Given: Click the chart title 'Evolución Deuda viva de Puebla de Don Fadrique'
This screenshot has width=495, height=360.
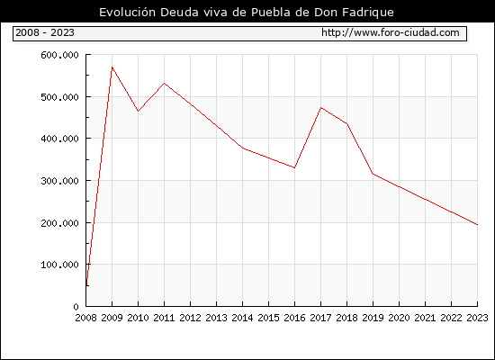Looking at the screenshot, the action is click(x=247, y=13).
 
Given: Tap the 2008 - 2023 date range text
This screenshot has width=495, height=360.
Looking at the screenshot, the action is click(x=45, y=32).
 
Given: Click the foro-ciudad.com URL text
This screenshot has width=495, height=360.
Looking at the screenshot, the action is click(x=391, y=32).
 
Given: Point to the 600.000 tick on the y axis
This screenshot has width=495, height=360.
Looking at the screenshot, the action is click(x=59, y=55).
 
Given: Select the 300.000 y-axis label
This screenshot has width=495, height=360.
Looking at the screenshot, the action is click(x=59, y=181).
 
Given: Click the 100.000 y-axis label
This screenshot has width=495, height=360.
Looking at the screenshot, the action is click(x=59, y=265).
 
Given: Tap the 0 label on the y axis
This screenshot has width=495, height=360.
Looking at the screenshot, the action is click(x=76, y=307).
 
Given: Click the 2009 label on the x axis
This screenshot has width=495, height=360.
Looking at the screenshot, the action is click(x=112, y=318).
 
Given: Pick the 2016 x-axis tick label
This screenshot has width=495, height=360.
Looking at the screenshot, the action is click(x=294, y=318).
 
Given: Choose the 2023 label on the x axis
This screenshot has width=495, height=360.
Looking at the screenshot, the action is click(x=477, y=318).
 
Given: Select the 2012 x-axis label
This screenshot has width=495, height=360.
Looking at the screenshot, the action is click(x=191, y=318).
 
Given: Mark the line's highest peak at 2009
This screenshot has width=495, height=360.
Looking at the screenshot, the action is click(x=112, y=67).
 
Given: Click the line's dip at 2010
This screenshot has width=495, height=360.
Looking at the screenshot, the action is click(x=138, y=112).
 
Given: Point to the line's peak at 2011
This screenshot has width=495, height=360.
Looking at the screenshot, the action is click(x=164, y=84).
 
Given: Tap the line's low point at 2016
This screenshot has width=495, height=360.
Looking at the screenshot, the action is click(x=294, y=167).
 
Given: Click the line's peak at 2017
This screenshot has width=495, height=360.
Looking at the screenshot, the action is click(x=320, y=108).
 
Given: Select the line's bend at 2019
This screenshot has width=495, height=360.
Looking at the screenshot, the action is click(x=373, y=174).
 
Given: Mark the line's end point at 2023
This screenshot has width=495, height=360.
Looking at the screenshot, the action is click(x=477, y=224).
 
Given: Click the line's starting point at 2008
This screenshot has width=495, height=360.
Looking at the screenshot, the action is click(x=86, y=285).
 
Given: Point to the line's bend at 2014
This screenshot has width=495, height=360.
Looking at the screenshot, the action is click(x=242, y=148).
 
